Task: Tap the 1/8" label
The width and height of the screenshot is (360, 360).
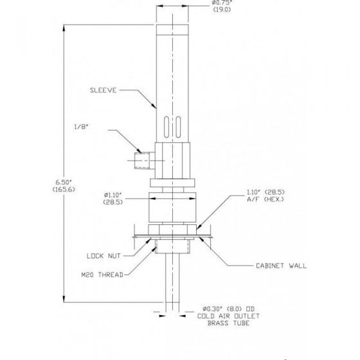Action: [81, 127]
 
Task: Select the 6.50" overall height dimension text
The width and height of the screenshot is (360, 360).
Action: [64, 183]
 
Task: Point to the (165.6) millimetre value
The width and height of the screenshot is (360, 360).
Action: [64, 190]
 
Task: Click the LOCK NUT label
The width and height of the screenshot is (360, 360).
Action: [104, 256]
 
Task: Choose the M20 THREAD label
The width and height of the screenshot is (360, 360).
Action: [102, 274]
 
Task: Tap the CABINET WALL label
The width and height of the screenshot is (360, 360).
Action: [282, 266]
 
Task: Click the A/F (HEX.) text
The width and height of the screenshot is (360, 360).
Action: [265, 199]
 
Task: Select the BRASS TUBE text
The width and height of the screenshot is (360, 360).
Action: [228, 323]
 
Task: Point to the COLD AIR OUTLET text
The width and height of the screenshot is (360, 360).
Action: [228, 316]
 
